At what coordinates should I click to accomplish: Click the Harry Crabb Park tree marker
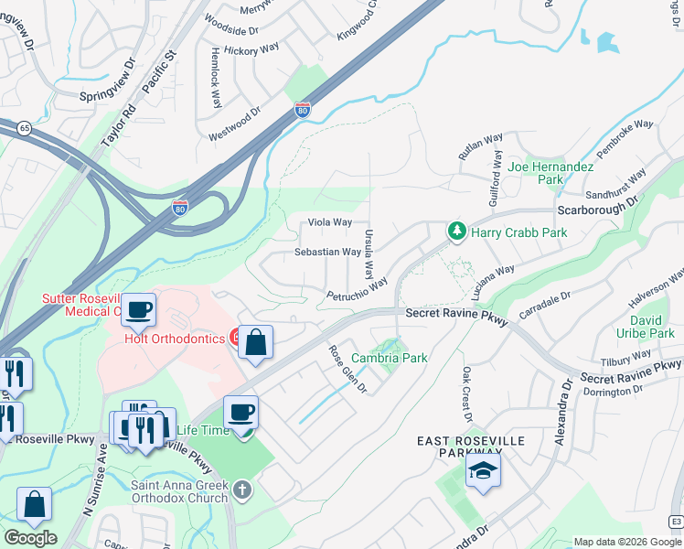tap(456, 232)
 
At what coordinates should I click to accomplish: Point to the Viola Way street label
tap(330, 222)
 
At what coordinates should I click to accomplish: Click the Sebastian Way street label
tap(327, 252)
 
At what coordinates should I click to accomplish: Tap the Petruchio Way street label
tap(358, 289)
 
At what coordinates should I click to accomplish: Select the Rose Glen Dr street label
tap(347, 370)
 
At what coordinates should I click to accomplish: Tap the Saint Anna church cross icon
tap(242, 490)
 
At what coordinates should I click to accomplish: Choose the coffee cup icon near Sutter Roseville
tap(138, 310)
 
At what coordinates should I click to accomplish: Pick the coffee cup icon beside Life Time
tap(240, 411)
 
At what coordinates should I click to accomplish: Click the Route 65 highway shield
tap(23, 128)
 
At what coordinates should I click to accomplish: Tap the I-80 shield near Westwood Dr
tap(302, 111)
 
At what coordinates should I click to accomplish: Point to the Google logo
tap(30, 538)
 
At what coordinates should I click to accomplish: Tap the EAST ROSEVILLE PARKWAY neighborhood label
tap(471, 447)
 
